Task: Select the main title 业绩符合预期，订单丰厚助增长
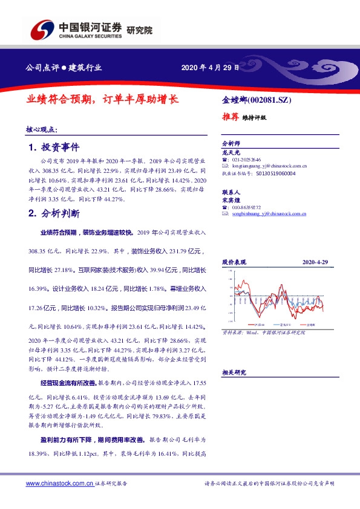(102, 99)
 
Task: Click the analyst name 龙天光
(231, 152)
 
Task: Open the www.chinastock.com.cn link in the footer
(60, 484)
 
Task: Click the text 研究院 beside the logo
(140, 30)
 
